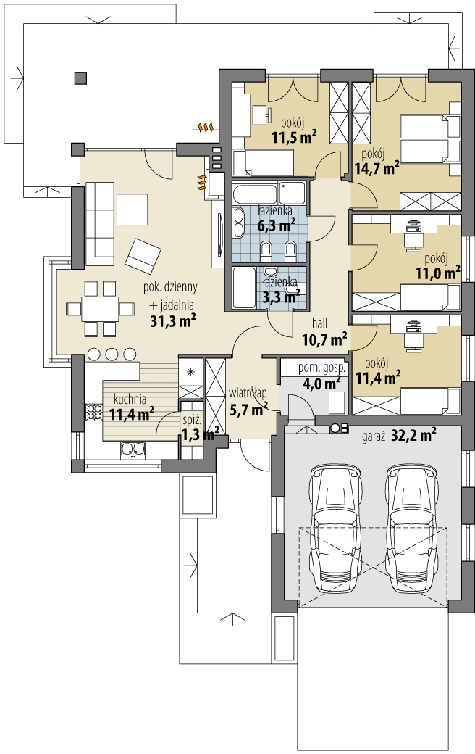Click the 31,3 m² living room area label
(x=172, y=321)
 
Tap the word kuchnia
(x=130, y=399)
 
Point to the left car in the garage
(x=335, y=528)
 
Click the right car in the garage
(x=412, y=528)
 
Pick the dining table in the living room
(x=100, y=309)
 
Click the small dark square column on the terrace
(x=80, y=78)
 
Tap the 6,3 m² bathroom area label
(x=276, y=225)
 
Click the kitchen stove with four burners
(x=94, y=412)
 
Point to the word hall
(x=319, y=323)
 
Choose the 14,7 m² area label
(x=377, y=167)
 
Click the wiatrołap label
(x=248, y=394)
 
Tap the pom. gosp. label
(x=321, y=369)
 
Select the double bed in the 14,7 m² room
(x=430, y=138)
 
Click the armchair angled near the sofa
(x=143, y=253)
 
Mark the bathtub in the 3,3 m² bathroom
(x=244, y=288)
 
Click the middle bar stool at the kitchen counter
(x=112, y=355)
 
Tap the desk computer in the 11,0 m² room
(x=413, y=225)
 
